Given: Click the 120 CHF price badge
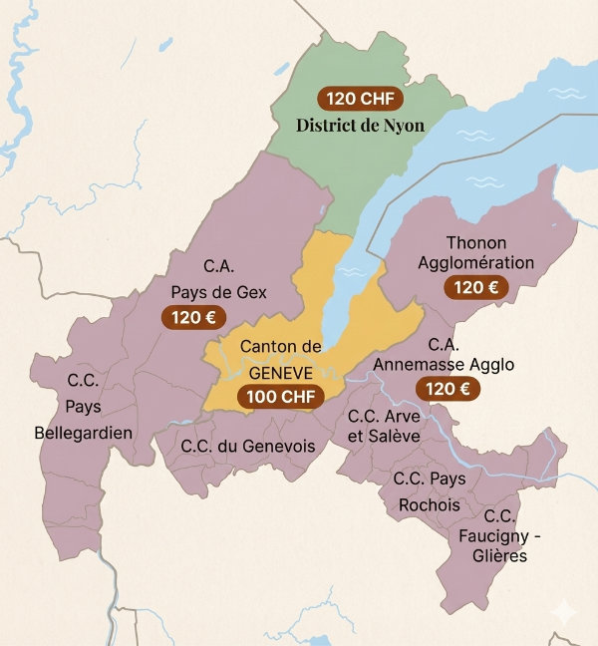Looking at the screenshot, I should [360, 99].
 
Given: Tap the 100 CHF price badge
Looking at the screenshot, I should [282, 396].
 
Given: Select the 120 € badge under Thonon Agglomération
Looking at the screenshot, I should [476, 288].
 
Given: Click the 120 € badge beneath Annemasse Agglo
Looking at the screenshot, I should [448, 389].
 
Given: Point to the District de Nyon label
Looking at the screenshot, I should [360, 126].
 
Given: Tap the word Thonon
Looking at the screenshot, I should [476, 242].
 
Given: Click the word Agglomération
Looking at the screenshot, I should [476, 262].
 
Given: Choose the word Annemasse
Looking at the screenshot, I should [416, 365].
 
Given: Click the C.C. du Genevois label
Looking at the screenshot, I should [248, 446].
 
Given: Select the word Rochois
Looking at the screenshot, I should [430, 504].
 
